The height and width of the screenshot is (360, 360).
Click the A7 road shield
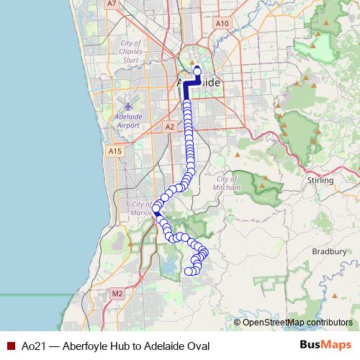(x=111, y=4)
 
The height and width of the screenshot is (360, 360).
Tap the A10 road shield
(x=222, y=23)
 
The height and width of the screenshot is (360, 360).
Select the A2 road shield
(x=170, y=127)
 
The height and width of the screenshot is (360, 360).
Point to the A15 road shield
(x=114, y=151)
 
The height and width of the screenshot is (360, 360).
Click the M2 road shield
(x=117, y=294)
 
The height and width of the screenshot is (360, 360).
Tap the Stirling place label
(x=320, y=180)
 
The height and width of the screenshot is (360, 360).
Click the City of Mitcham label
(x=227, y=183)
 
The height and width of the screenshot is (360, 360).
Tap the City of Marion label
(x=139, y=209)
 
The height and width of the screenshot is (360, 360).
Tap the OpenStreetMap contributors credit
(x=297, y=322)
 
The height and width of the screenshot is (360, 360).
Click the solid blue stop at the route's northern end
(x=197, y=71)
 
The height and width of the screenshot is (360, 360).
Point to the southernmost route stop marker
(x=189, y=271)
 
